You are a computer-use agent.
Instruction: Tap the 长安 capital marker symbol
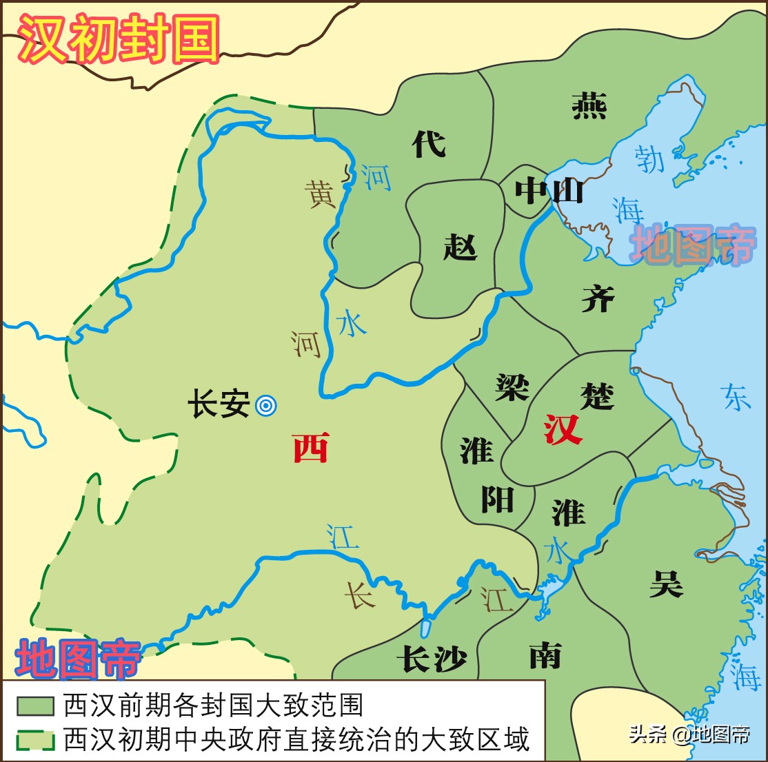click(x=266, y=406)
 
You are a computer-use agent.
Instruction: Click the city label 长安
click(x=219, y=404)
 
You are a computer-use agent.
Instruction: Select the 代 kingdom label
click(x=429, y=143)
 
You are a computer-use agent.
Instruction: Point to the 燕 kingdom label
click(x=589, y=106)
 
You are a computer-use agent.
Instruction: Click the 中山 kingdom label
click(x=549, y=190)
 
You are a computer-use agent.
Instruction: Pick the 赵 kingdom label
click(x=460, y=246)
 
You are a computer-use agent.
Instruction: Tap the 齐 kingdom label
click(x=598, y=298)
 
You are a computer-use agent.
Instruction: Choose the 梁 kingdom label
click(x=512, y=387)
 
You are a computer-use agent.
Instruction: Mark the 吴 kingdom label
click(x=666, y=583)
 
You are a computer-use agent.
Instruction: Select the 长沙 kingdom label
click(x=432, y=659)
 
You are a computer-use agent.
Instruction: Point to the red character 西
click(x=310, y=448)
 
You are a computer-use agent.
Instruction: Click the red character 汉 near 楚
click(x=563, y=429)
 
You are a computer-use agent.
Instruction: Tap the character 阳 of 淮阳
click(x=497, y=499)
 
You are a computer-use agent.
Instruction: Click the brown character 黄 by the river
click(x=321, y=194)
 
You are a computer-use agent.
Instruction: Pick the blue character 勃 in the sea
click(x=649, y=158)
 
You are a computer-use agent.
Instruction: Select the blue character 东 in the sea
click(x=736, y=398)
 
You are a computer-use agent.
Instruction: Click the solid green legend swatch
click(x=36, y=706)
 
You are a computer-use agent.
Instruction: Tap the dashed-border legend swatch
click(x=36, y=739)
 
